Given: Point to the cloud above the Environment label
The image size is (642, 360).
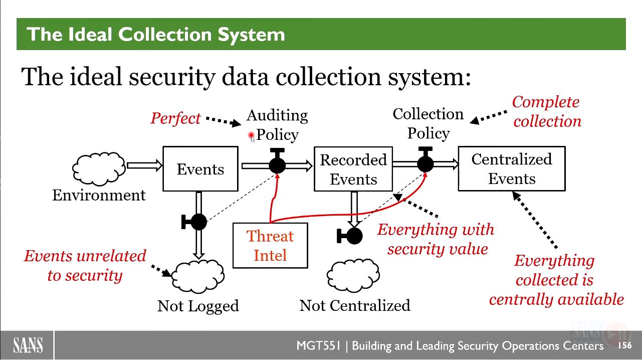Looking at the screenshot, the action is (x=99, y=168).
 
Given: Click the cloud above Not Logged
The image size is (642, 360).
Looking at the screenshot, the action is (x=198, y=276).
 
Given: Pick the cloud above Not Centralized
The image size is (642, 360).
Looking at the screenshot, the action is (x=353, y=275).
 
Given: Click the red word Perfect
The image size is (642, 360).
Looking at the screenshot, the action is (x=175, y=118).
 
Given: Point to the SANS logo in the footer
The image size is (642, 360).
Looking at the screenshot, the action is (x=28, y=345).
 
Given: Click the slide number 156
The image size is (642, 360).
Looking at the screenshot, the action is (x=625, y=345).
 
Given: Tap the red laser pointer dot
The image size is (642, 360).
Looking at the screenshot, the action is (x=252, y=135).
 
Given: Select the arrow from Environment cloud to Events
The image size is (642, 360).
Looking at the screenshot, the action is (x=144, y=165).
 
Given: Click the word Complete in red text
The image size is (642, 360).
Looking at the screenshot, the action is (x=546, y=102).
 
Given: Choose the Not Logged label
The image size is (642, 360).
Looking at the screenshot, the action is (x=198, y=306).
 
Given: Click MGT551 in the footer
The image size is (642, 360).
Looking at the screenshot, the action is (x=318, y=345).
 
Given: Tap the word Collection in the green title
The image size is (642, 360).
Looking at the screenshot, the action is (x=165, y=35).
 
